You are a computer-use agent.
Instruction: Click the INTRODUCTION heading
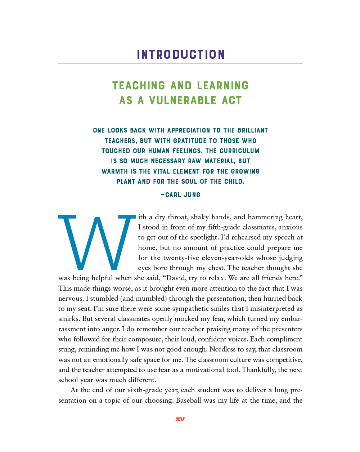[x=180, y=54]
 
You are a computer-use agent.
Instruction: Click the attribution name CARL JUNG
[x=183, y=195]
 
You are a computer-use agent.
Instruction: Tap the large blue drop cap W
[x=97, y=242]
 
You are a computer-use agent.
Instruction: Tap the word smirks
[x=69, y=319]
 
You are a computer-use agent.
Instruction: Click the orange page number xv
[x=180, y=419]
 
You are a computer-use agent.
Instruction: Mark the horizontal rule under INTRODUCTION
[x=180, y=63]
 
